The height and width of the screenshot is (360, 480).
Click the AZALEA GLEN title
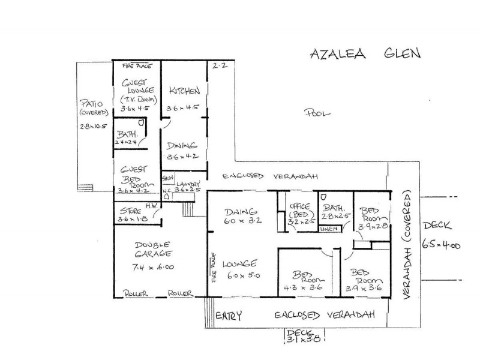click(365, 53)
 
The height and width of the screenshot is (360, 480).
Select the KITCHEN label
click(184, 91)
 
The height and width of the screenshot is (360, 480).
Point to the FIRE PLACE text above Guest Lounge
click(137, 65)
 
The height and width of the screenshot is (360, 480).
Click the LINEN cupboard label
click(328, 229)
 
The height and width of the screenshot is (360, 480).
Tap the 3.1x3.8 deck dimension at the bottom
click(305, 339)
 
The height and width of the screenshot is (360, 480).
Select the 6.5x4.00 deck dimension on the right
click(440, 245)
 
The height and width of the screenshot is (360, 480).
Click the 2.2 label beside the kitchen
click(220, 67)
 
